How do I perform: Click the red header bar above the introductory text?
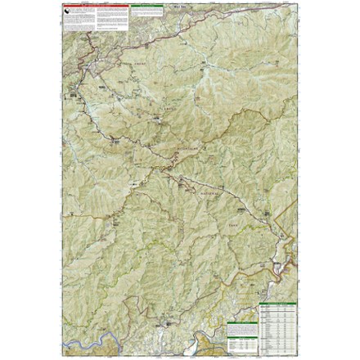(97, 6)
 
